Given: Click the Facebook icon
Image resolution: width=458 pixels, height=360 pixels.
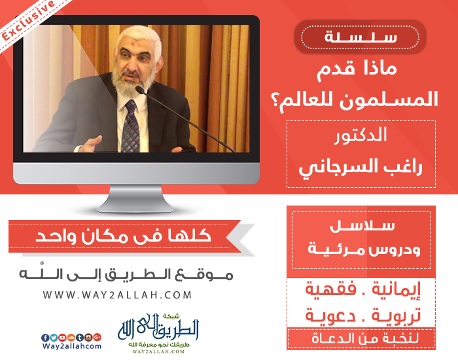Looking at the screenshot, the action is [45, 338].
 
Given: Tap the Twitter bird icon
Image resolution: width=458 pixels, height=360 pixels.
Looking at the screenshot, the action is [54, 338].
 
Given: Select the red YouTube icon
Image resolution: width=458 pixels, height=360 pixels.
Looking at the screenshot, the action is [62, 338].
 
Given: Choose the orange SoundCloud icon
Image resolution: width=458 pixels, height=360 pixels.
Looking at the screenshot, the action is [71, 338].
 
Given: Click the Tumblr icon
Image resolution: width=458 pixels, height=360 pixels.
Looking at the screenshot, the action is [80, 338].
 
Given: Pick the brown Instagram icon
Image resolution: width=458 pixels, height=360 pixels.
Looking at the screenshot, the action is [88, 338].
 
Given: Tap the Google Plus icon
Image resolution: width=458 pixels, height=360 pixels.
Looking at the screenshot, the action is [97, 337].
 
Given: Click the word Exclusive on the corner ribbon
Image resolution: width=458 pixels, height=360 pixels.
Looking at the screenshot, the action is [27, 20].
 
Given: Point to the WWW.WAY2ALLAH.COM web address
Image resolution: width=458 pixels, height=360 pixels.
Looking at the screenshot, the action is [117, 295].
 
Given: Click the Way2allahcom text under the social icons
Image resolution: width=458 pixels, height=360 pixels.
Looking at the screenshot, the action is [72, 346].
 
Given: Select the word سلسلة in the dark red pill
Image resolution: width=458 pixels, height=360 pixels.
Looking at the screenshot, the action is [361, 37].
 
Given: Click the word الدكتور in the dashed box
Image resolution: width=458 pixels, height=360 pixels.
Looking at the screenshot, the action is [361, 135].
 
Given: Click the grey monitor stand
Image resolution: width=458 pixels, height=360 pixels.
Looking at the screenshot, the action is [135, 199].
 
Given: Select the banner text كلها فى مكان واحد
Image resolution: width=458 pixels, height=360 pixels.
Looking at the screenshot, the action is [123, 236].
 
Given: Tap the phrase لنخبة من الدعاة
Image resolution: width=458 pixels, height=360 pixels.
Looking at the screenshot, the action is [365, 338].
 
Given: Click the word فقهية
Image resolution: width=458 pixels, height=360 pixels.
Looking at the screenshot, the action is [330, 289].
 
